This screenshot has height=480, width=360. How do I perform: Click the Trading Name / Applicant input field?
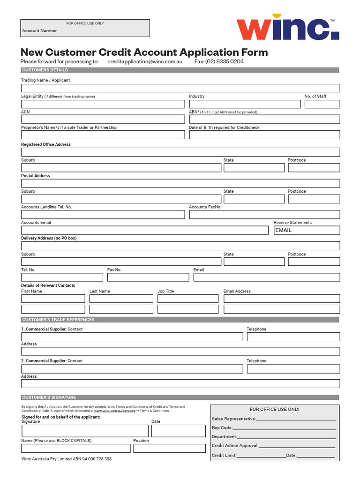(180, 88)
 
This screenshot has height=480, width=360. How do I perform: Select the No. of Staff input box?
(322, 104)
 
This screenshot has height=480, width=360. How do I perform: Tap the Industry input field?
(245, 104)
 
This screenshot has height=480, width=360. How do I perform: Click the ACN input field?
(103, 119)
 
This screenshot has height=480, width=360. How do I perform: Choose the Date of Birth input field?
(264, 135)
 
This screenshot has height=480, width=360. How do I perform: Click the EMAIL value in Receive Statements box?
(283, 230)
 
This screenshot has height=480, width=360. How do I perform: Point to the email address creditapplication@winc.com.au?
(144, 61)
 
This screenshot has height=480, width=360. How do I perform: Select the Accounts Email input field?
(146, 230)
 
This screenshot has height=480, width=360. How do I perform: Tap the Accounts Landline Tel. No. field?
(103, 215)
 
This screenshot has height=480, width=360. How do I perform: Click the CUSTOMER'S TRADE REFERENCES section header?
(58, 320)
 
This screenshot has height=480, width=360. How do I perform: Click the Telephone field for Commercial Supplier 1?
(293, 337)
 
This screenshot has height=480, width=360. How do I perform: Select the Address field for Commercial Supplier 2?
(180, 384)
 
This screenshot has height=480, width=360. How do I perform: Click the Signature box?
(84, 431)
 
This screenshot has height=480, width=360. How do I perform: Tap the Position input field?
(169, 449)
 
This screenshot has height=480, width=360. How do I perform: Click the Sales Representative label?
(233, 419)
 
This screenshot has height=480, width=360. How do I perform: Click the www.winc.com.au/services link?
(114, 411)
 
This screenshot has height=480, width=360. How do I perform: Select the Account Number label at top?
(40, 31)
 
